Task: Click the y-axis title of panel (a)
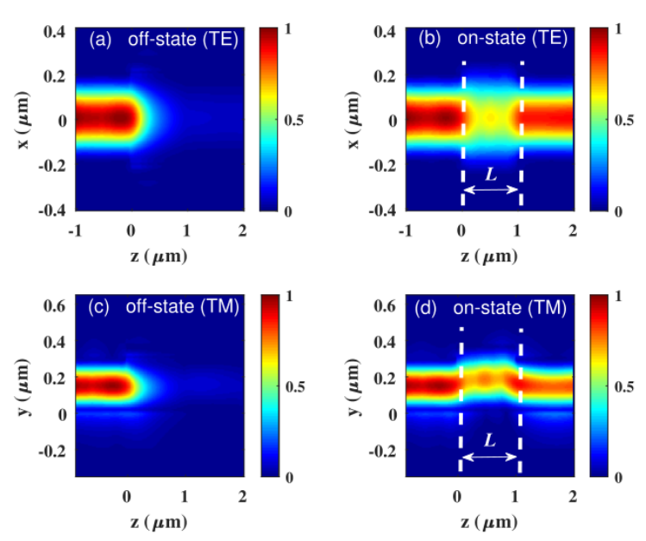pos(25,121)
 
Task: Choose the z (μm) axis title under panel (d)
pos(487,522)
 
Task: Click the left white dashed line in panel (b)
pos(463,129)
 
